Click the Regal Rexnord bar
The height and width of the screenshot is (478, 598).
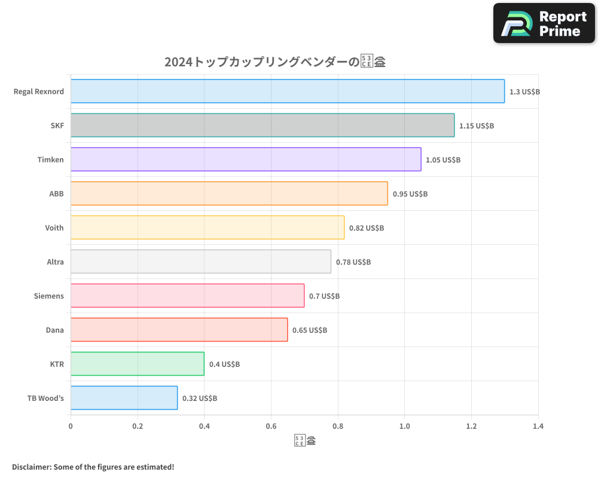288,91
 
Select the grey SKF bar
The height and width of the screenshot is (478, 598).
263,125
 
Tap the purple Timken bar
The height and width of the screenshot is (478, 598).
246,160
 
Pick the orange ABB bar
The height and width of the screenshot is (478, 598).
229,194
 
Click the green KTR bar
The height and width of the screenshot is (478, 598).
138,364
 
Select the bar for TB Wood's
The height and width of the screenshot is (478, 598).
124,398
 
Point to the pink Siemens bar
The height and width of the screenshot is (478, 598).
187,296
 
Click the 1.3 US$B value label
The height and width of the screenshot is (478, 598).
524,92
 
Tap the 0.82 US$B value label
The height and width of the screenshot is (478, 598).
367,228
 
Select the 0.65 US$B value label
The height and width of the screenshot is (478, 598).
310,330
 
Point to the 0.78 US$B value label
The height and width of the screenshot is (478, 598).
353,262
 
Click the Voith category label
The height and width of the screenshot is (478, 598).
54,228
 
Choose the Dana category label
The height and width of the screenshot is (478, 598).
55,330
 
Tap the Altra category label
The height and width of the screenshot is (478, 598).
55,262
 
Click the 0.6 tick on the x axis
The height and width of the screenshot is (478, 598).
271,427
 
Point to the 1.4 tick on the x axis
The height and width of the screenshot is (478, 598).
538,427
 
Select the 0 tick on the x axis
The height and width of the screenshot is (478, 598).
71,427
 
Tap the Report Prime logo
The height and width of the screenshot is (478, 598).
544,23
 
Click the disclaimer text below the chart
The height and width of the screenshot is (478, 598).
93,467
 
